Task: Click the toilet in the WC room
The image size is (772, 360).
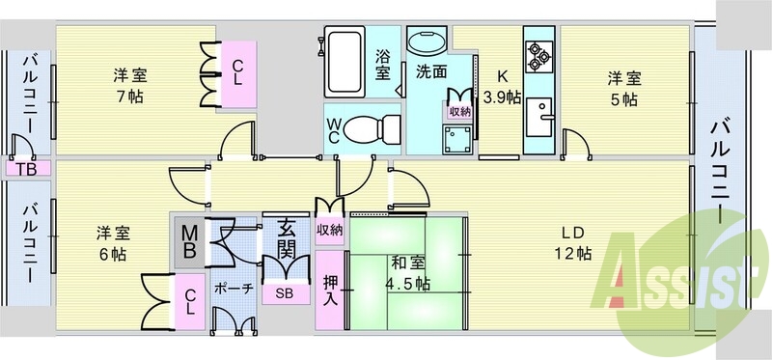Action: coord(372,129)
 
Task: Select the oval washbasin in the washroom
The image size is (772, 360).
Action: coord(427,42)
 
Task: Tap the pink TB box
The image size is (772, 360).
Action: coord(26,168)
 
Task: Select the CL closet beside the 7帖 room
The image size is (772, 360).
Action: coord(237,73)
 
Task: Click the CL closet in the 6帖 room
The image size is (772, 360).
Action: coord(190,301)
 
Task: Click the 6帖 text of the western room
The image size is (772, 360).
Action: coord(112,254)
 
